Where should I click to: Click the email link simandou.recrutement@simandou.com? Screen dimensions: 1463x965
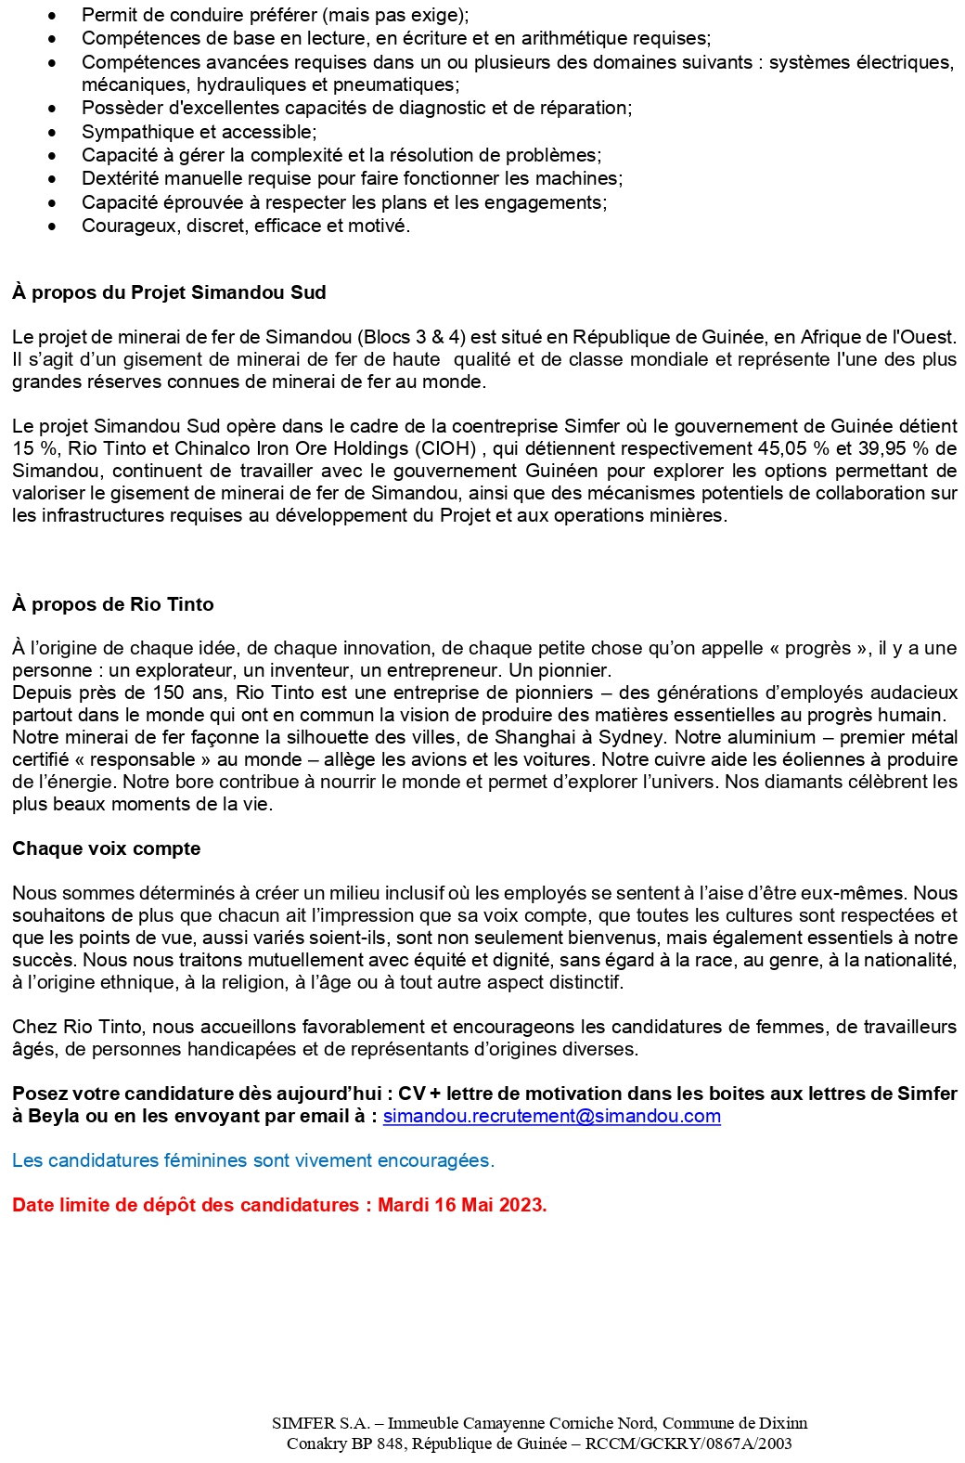551,1116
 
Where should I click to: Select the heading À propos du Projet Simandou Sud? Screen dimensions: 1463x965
169,292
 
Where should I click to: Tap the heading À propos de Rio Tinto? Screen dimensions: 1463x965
112,604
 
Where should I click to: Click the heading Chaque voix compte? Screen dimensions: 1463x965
106,848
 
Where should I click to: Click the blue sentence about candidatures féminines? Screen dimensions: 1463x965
252,1160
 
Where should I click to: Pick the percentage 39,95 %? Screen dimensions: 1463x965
881,448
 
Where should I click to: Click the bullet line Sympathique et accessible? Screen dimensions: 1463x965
199,132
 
